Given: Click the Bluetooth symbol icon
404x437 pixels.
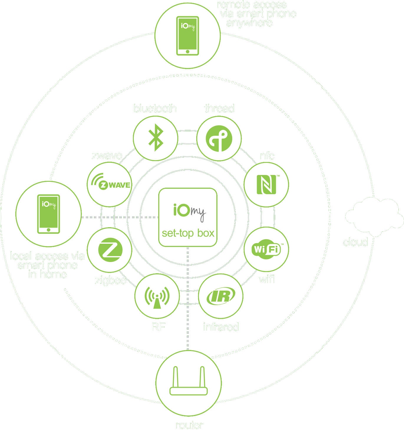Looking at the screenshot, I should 156,138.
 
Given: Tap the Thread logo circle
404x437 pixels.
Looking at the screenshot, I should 219,138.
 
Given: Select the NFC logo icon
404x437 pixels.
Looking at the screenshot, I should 266,184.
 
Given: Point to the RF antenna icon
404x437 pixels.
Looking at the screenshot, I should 157,296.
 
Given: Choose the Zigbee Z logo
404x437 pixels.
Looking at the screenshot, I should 110,250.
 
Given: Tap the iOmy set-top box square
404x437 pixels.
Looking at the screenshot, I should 188,217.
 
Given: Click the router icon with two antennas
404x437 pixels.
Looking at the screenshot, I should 189,382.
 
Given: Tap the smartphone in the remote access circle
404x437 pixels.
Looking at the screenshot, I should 188,36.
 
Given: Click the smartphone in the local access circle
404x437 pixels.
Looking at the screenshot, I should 49,214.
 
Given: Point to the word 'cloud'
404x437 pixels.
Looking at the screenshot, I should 355,242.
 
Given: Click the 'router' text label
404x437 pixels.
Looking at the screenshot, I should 189,425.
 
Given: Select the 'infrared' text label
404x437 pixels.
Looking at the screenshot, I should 221,327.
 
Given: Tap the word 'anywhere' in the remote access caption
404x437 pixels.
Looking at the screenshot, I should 249,23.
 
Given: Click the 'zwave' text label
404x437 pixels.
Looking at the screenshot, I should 107,156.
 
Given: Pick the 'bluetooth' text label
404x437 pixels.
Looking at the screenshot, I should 155,109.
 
